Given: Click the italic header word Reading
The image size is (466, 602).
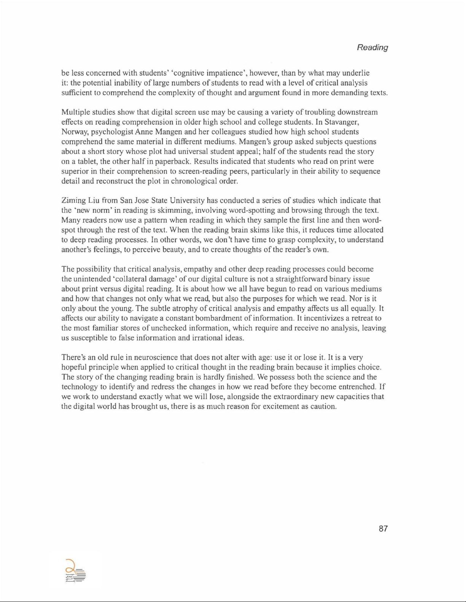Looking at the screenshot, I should click(x=372, y=47).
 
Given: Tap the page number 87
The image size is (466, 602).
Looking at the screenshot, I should click(x=383, y=528).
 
